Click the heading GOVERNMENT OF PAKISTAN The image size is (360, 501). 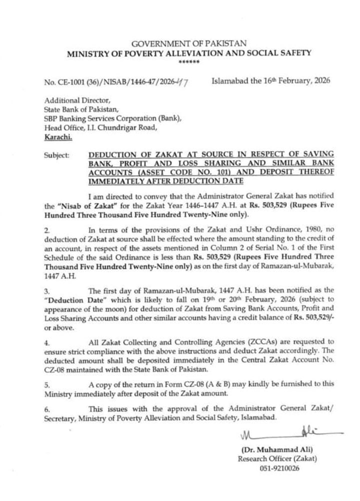[189, 44]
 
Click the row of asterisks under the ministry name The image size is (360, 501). [189, 61]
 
